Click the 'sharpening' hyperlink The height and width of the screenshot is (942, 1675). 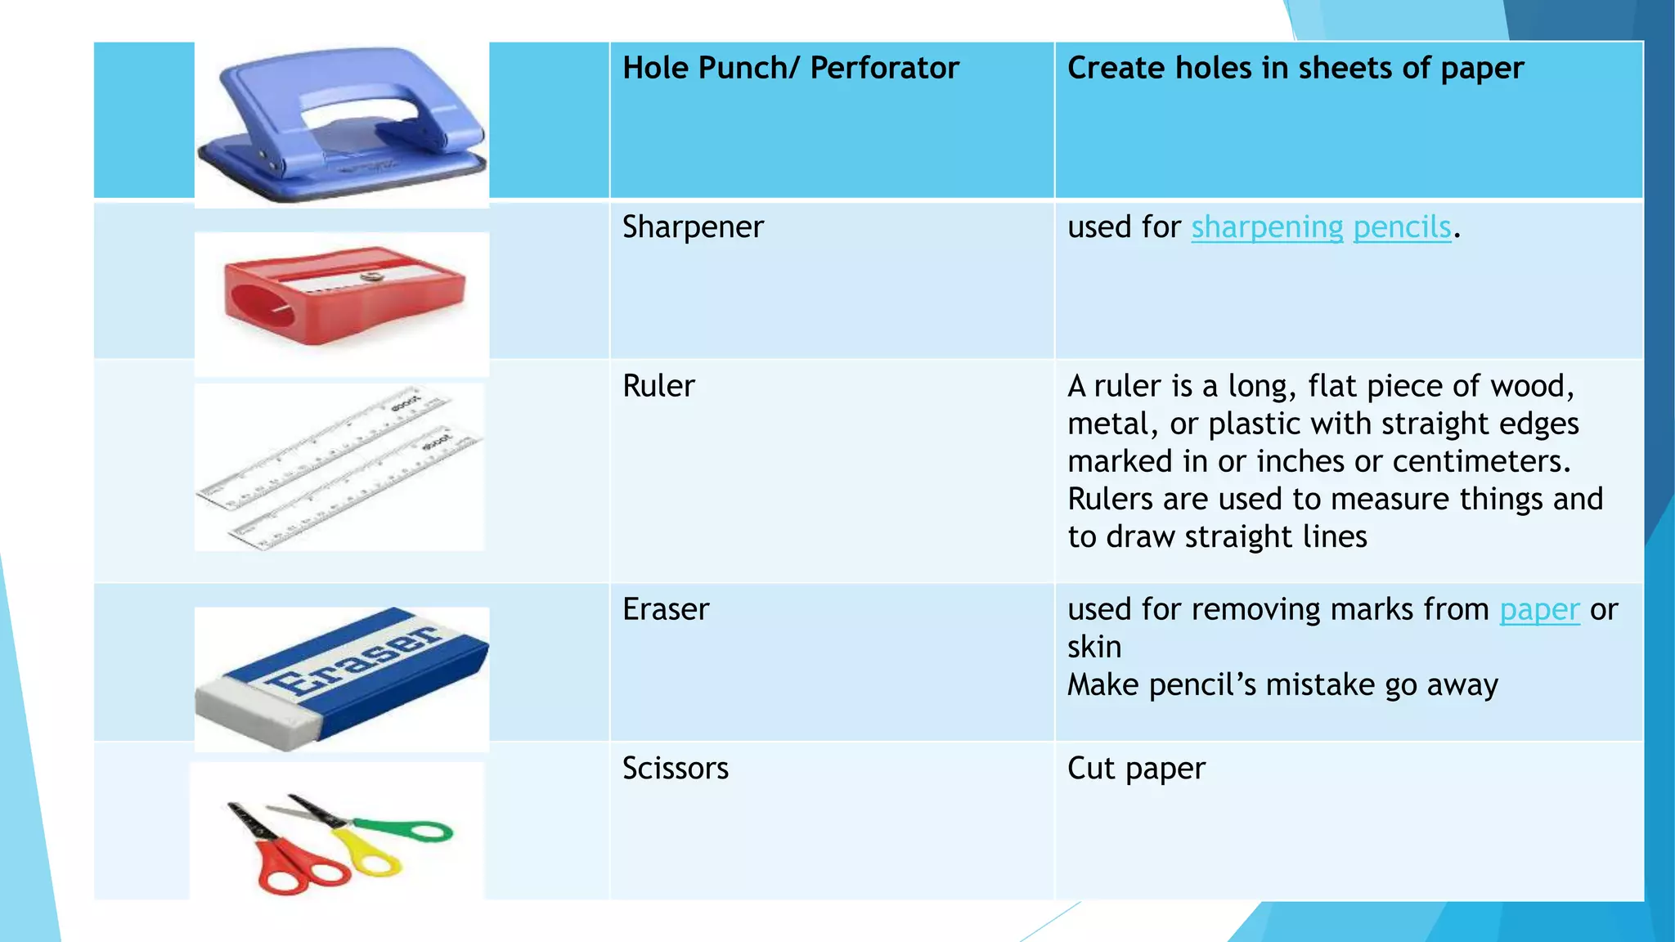click(1266, 227)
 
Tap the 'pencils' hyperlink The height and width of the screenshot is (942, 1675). click(1402, 227)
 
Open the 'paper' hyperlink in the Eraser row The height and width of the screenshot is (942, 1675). click(1538, 610)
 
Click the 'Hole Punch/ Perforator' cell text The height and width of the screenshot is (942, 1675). click(790, 68)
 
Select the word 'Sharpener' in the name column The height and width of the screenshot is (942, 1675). click(693, 227)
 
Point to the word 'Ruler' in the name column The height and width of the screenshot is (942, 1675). click(658, 386)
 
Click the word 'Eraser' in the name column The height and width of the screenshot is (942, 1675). click(666, 610)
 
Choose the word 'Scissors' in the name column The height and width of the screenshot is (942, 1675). click(675, 769)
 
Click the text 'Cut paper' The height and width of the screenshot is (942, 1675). click(1136, 769)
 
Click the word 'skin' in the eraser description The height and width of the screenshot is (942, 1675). click(1094, 648)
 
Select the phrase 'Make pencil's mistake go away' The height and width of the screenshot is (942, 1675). click(1282, 685)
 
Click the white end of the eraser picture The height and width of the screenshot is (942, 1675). click(254, 711)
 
